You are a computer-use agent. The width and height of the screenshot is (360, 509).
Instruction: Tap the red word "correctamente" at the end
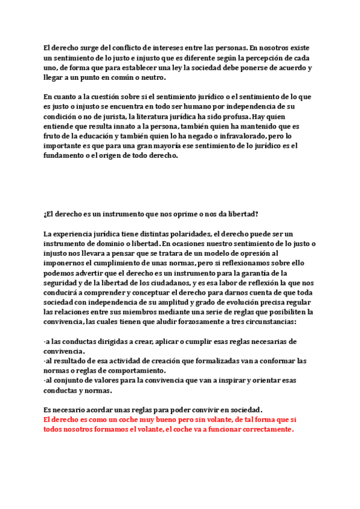pos(262,430)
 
